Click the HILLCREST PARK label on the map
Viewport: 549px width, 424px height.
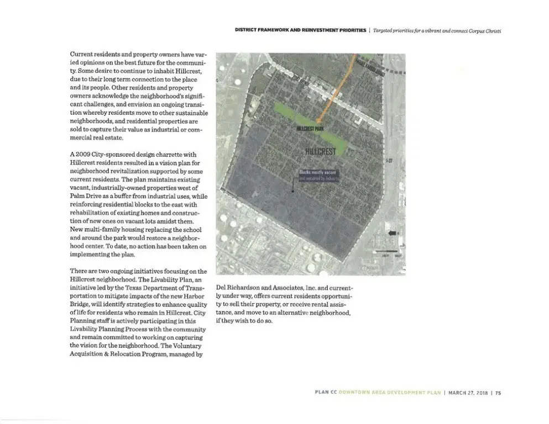310,128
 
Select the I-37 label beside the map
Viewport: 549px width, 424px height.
389,161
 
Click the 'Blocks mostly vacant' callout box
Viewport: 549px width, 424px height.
318,176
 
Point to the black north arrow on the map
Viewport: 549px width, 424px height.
393,234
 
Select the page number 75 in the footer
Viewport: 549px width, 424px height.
498,393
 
